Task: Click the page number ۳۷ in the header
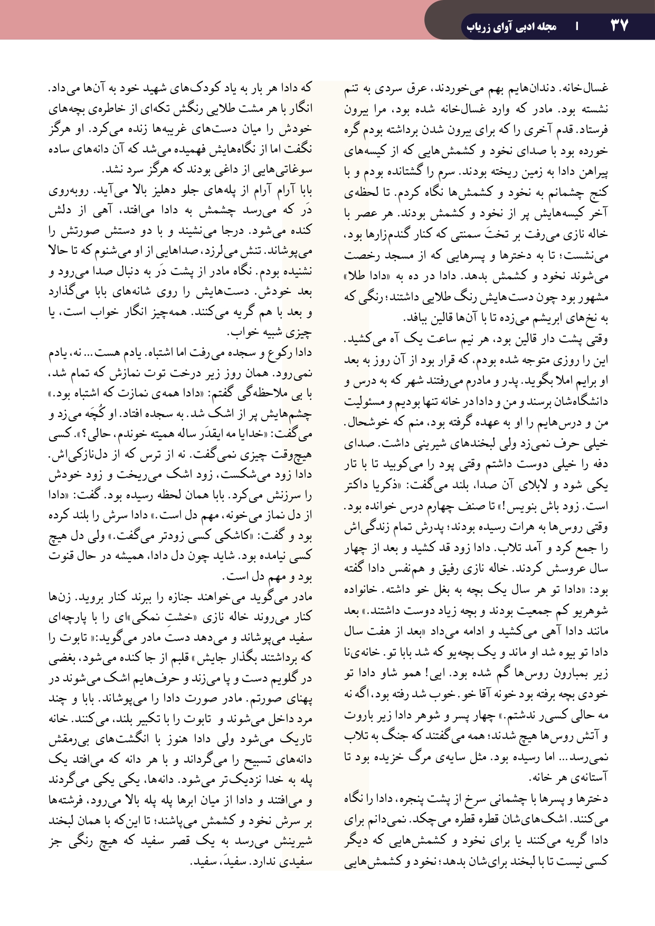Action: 619,25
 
